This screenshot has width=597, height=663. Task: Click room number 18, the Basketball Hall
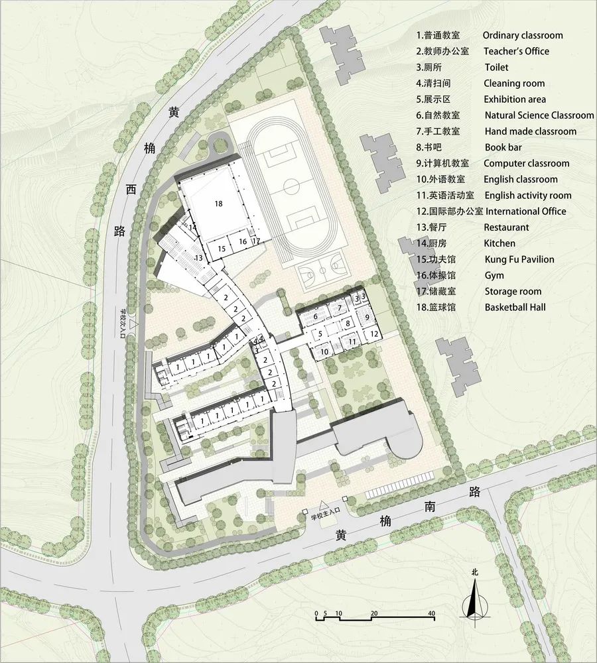[x=218, y=204]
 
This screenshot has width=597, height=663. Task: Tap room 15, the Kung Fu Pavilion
[x=222, y=248]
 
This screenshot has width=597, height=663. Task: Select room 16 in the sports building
[x=243, y=242]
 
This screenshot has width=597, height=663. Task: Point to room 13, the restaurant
[x=198, y=257]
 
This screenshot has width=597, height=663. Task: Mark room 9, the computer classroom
[x=366, y=318]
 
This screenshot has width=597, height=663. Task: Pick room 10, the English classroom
[x=324, y=351]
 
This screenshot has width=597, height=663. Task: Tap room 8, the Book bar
[x=348, y=324]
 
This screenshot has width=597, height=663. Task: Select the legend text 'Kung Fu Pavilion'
[x=519, y=259]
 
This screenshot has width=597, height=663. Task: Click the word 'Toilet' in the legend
[x=496, y=67]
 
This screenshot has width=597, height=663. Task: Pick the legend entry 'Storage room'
[x=512, y=291]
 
